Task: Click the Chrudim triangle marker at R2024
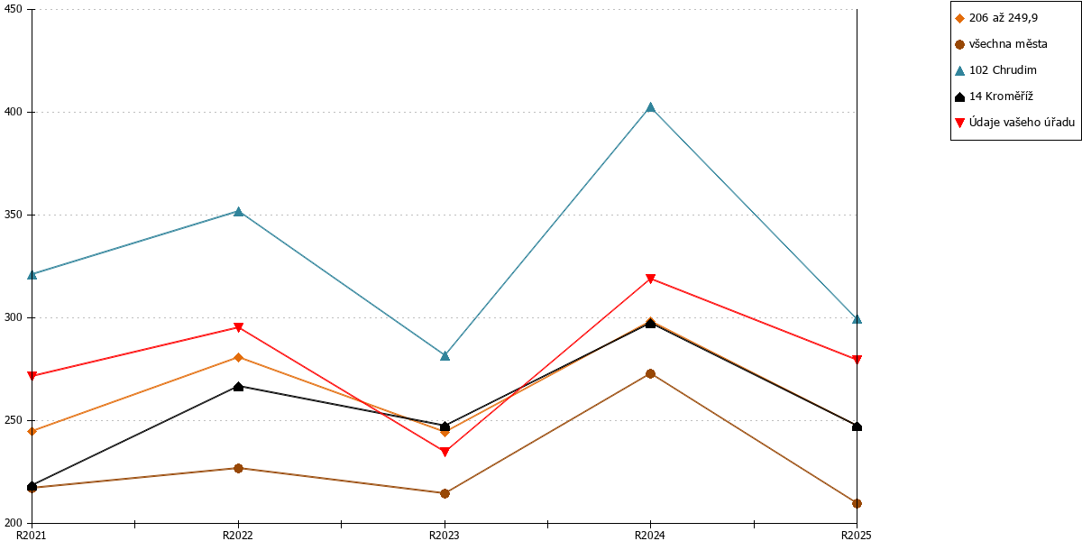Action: (650, 107)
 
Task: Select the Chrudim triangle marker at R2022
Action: (238, 212)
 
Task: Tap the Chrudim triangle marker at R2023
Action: (445, 356)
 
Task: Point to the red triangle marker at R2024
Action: (650, 279)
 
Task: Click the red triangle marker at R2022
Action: (238, 327)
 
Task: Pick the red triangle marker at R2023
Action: (445, 452)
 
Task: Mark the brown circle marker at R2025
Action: (857, 503)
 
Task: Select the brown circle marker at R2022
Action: (238, 468)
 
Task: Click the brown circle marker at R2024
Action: (650, 374)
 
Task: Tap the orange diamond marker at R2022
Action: (238, 357)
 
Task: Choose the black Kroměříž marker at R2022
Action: (238, 387)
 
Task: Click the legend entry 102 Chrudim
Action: (996, 70)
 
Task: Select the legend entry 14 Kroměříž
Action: (994, 96)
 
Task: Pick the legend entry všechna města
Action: (1002, 44)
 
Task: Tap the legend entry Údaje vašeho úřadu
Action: (1015, 123)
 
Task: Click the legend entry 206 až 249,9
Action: (996, 18)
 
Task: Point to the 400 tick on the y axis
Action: (30, 112)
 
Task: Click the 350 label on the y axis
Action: (13, 215)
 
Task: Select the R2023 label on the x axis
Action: (445, 536)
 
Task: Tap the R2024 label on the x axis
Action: (650, 536)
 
